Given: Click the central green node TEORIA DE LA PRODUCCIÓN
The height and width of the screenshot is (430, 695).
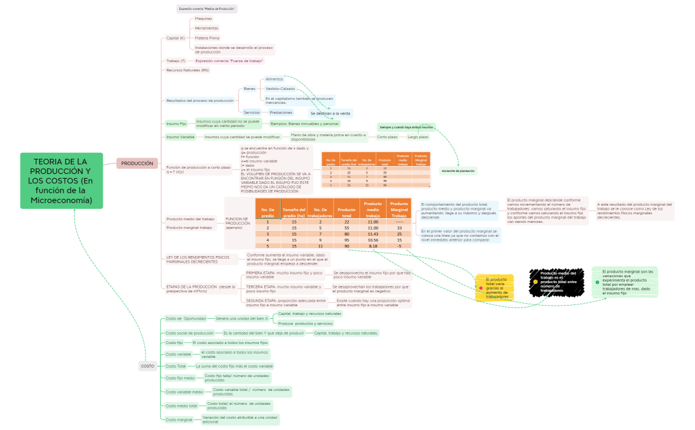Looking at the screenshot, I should coord(62,181).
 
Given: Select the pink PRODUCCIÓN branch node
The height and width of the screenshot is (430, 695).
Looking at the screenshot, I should coord(137,163).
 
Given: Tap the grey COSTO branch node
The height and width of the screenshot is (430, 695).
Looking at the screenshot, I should coord(147,366).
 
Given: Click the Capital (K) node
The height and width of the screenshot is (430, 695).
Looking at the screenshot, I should coord(175,38).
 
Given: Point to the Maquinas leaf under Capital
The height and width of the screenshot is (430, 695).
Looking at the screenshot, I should coord(203,19).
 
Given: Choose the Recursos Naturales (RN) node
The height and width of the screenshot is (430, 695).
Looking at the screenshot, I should coord(187,69).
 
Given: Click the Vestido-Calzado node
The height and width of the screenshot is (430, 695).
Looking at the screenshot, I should coord(280,89).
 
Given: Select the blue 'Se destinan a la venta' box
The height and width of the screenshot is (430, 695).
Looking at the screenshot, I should coord(330,113).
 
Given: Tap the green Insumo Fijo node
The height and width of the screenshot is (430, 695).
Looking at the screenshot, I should coord(177,123).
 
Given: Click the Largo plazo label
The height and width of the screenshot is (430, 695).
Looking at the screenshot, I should coord(418,137).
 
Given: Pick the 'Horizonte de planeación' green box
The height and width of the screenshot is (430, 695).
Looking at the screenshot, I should coord(458,171).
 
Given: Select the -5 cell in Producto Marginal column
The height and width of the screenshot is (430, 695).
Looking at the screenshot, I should coord(399,246).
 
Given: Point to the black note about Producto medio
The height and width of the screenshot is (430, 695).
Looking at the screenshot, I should coord(557,282).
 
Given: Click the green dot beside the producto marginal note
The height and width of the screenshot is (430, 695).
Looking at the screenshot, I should coord(597,282).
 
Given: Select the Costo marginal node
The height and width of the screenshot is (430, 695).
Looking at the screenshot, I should coord(179,419).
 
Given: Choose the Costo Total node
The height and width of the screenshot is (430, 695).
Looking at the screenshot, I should coord(176,366).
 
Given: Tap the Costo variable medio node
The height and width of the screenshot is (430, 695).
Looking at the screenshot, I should coord(184,392).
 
